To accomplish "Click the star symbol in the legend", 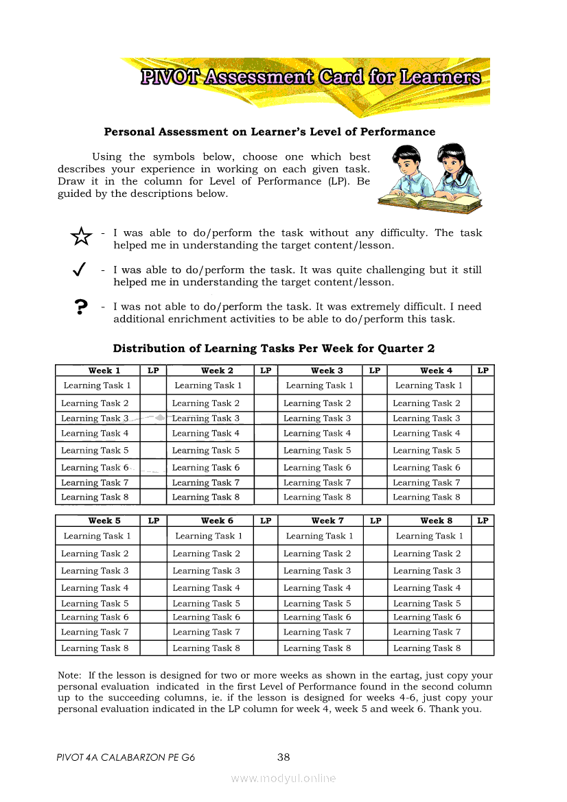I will pyautogui.click(x=81, y=237).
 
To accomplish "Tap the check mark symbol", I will pyautogui.click(x=79, y=270).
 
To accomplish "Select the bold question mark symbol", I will pyautogui.click(x=81, y=307).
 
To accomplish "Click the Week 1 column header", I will pyautogui.click(x=104, y=370).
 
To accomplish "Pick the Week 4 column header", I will pyautogui.click(x=437, y=370).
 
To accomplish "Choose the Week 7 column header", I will pyautogui.click(x=327, y=521).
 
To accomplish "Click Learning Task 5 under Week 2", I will pyautogui.click(x=206, y=451).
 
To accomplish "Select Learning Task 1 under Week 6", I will pyautogui.click(x=209, y=536).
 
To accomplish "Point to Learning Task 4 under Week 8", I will pyautogui.click(x=427, y=588).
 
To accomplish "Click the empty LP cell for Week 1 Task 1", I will pyautogui.click(x=153, y=386).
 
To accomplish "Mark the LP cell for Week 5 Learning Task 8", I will pyautogui.click(x=154, y=648).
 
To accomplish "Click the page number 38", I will pyautogui.click(x=283, y=757).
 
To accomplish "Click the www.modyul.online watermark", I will pyautogui.click(x=283, y=778).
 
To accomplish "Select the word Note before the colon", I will pyautogui.click(x=69, y=676).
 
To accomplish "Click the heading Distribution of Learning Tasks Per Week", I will pyautogui.click(x=274, y=349).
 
